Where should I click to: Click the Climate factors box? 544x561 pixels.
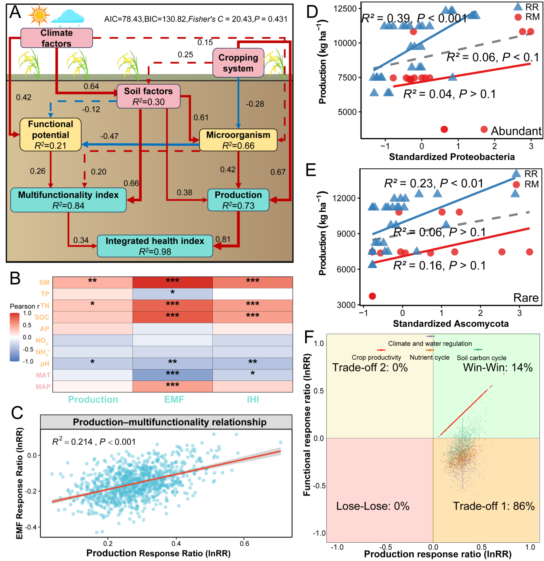(56, 38)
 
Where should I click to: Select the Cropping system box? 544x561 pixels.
(238, 63)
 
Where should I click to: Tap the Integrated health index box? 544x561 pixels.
(155, 246)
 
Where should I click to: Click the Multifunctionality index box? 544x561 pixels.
(68, 200)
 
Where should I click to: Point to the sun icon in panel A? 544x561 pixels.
(39, 16)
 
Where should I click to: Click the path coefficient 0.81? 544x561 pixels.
(223, 239)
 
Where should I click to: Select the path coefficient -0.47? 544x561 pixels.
(109, 136)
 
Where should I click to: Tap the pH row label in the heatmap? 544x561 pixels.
(45, 364)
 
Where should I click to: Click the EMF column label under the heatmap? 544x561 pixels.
(174, 399)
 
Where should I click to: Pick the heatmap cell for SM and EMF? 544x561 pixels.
(173, 282)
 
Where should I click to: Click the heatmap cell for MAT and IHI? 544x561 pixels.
(253, 375)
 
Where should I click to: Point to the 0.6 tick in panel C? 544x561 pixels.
(244, 543)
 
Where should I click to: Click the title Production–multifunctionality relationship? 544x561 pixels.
(169, 422)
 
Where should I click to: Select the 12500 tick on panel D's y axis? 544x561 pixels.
(345, 9)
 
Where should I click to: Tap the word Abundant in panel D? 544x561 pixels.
(516, 131)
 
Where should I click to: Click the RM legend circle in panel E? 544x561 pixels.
(516, 184)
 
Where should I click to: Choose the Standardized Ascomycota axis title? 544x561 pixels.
(450, 324)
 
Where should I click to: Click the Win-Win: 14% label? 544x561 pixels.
(498, 367)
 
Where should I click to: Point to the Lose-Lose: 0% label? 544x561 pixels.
(373, 506)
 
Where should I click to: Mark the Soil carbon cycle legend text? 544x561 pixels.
(481, 358)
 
